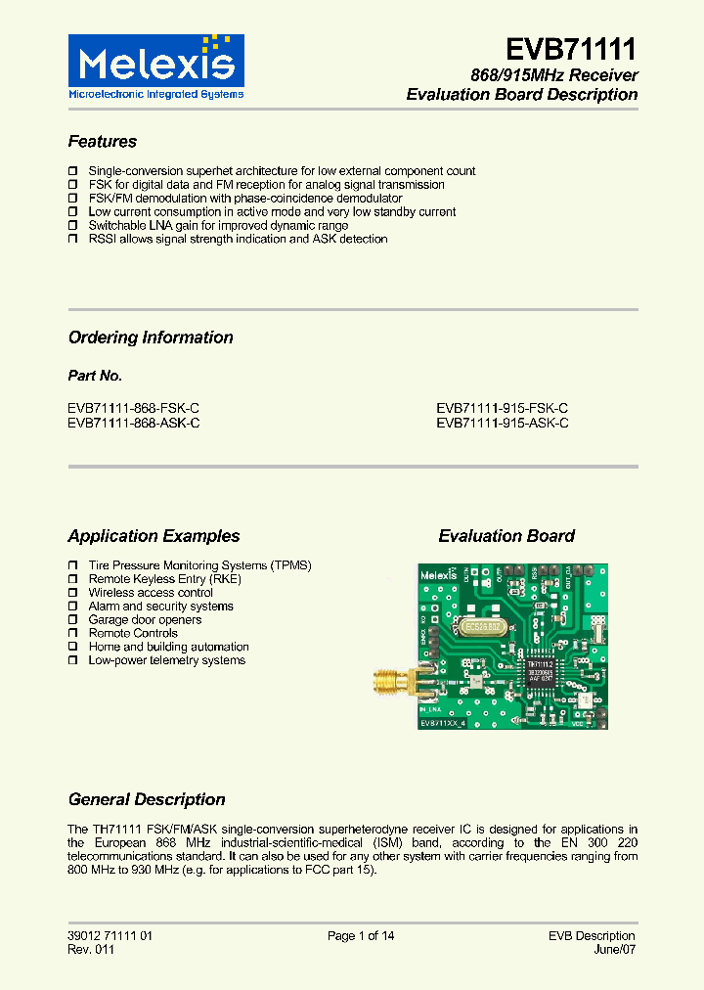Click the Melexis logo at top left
coord(155,67)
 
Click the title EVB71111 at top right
coord(572,49)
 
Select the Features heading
coord(103,142)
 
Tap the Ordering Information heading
coord(151,337)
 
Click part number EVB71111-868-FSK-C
coord(134,409)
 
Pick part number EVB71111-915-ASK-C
coord(503,423)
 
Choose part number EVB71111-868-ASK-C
coord(134,423)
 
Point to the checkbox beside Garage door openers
coord(73,620)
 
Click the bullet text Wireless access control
coord(151,593)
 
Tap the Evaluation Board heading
coord(506,536)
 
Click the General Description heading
coord(147,799)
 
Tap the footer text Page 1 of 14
coord(361,936)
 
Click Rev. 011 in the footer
coord(91,950)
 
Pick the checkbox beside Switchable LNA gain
coord(73,226)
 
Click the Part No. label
coord(95,376)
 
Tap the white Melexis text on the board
coord(439,576)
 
